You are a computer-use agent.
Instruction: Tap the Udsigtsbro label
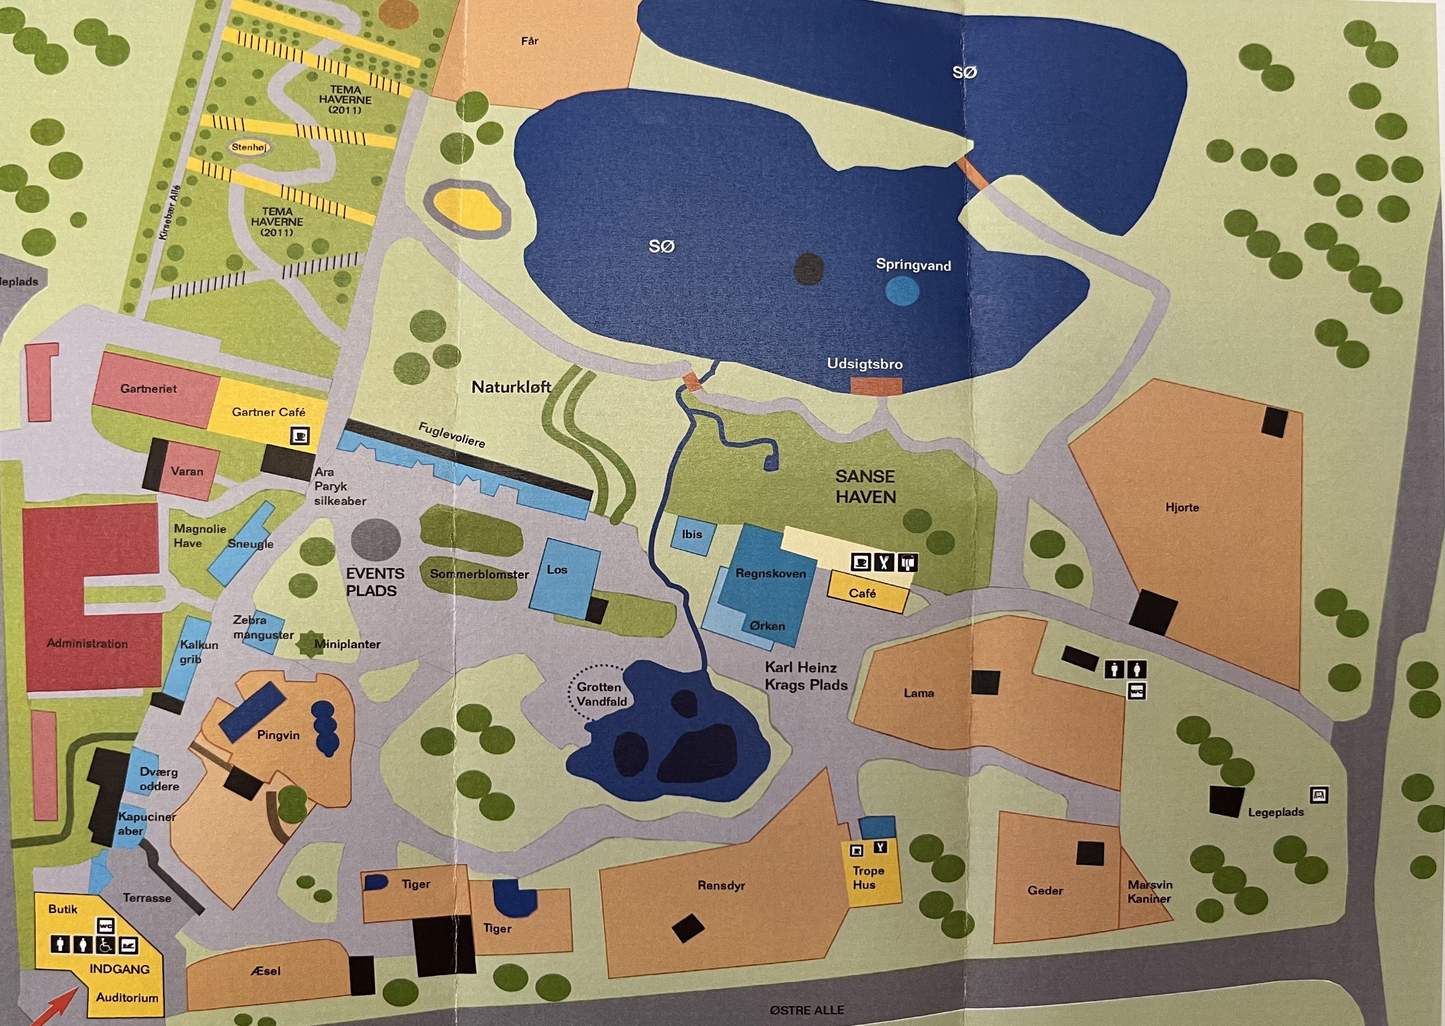click(x=864, y=364)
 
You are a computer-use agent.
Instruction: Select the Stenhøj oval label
click(x=249, y=147)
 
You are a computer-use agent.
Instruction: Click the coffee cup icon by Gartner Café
click(x=299, y=436)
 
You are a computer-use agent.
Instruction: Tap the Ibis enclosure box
click(x=692, y=535)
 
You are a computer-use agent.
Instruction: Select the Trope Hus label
click(x=868, y=877)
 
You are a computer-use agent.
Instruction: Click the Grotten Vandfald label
click(x=601, y=693)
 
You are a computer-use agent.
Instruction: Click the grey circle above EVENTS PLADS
click(x=375, y=540)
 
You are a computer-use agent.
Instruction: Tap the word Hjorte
click(x=1182, y=507)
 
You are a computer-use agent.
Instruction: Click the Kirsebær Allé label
click(x=169, y=212)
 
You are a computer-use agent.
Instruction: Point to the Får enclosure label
click(x=529, y=41)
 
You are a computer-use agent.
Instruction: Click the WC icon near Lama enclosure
click(x=1137, y=691)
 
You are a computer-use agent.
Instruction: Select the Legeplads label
click(x=1275, y=812)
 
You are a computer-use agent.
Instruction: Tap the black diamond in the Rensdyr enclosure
click(x=688, y=929)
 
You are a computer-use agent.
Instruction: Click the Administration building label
click(x=87, y=644)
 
